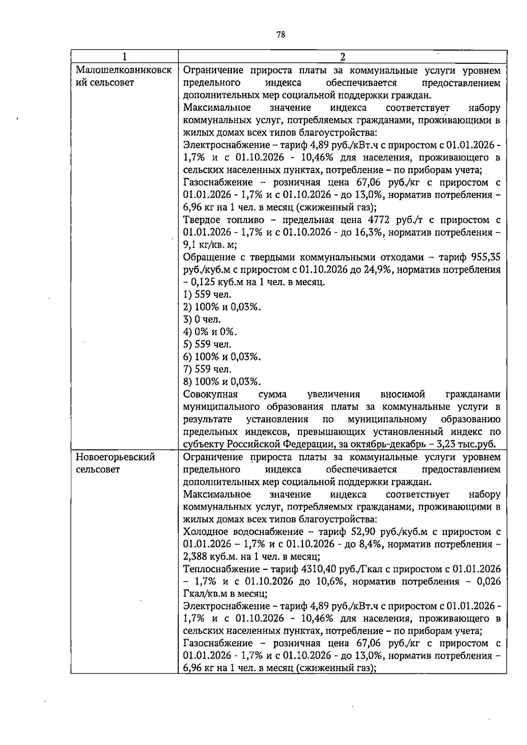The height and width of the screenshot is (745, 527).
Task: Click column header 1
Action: click(125, 57)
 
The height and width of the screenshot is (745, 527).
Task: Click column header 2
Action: click(343, 57)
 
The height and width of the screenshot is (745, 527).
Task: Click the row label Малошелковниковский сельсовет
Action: click(123, 76)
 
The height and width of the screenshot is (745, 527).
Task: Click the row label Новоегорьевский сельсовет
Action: click(116, 463)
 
